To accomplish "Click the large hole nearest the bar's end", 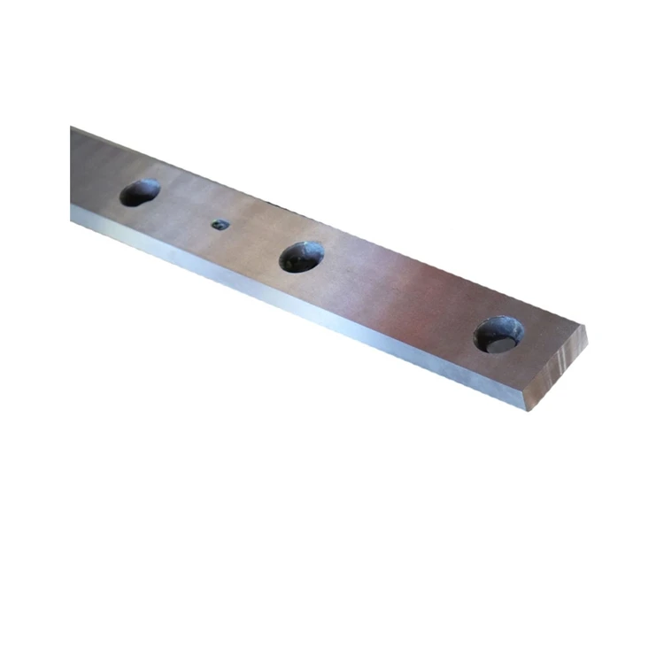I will (498, 334).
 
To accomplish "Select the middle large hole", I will (301, 257).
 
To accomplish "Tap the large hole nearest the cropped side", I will (140, 192).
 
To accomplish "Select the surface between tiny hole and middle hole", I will (257, 239).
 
